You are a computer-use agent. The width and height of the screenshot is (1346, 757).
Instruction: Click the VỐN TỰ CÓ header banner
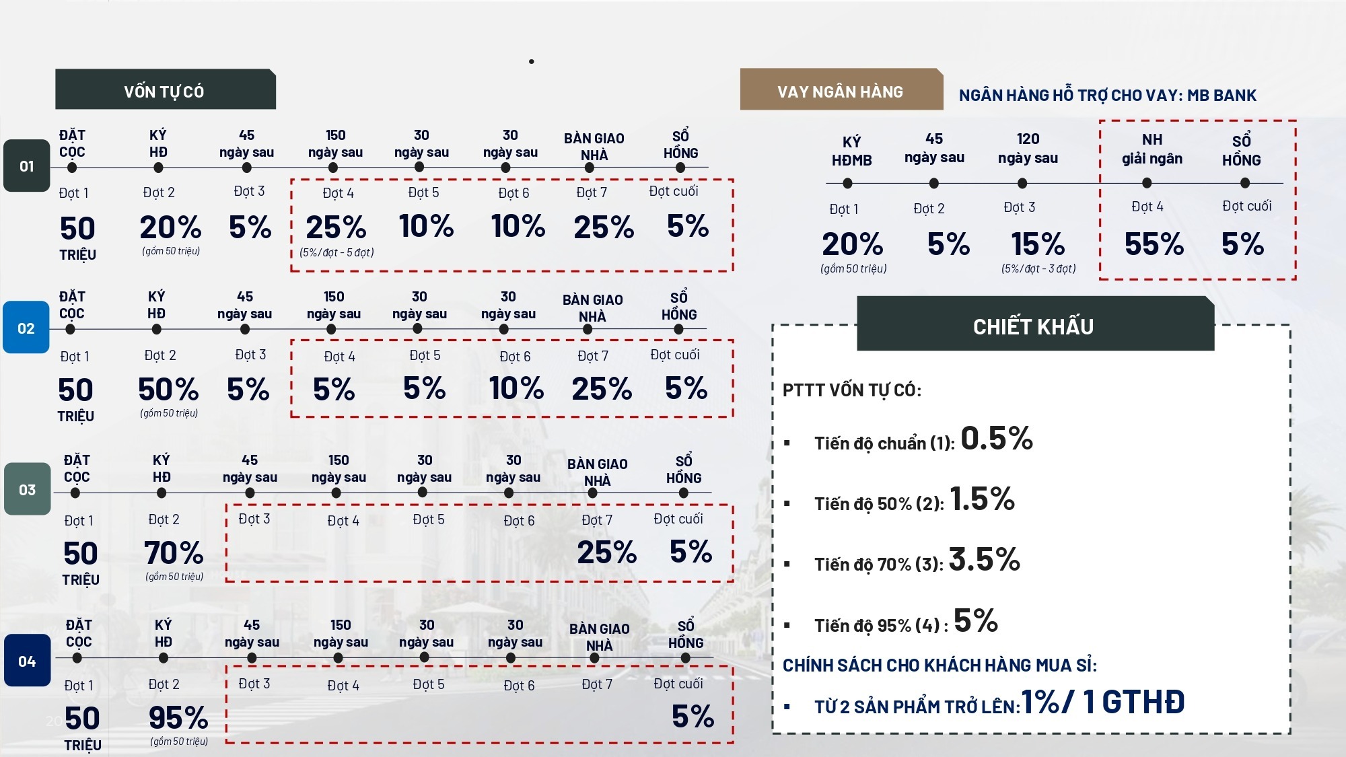[165, 89]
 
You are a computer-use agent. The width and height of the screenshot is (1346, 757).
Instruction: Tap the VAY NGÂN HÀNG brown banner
[841, 90]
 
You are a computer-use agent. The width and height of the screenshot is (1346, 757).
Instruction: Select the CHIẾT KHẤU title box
[1034, 326]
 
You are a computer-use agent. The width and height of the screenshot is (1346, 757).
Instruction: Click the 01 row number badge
[27, 166]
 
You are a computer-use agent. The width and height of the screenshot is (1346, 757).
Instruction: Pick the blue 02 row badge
[26, 328]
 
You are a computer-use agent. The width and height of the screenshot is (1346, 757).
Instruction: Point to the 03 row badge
[27, 489]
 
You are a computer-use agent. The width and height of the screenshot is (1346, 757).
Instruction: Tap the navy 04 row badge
[27, 661]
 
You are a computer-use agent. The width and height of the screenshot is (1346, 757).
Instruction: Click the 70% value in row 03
[174, 553]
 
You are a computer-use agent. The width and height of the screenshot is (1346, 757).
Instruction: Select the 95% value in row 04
[178, 718]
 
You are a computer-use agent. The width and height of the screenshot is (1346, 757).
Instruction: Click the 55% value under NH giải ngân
[1154, 244]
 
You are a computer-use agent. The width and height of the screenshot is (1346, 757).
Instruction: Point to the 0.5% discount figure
[996, 439]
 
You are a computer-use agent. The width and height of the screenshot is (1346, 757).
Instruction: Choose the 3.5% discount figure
[984, 560]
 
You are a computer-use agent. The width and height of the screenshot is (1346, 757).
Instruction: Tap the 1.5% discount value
[982, 499]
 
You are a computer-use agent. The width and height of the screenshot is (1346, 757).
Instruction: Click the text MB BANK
[1221, 96]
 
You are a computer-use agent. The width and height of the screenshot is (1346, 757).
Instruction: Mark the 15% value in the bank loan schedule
[1038, 244]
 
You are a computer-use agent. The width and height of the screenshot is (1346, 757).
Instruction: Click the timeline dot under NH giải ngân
[1147, 183]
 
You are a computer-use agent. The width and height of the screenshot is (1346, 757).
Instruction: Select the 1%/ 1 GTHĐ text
[1102, 702]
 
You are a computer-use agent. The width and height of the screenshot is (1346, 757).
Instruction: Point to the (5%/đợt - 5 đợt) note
[336, 253]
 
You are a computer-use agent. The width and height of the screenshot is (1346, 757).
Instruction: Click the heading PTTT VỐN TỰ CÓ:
[851, 390]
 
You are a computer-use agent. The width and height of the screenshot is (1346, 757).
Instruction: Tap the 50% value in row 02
[168, 389]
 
